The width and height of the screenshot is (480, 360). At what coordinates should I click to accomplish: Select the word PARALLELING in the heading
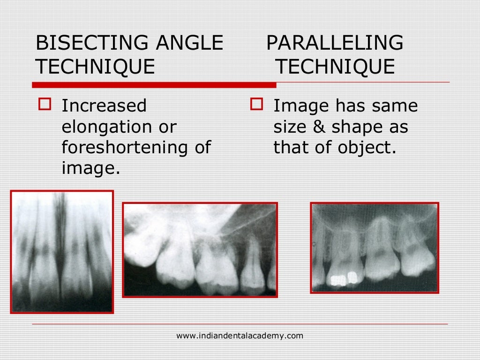(x=335, y=44)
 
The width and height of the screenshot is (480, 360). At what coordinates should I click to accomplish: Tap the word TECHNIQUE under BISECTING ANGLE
(x=95, y=67)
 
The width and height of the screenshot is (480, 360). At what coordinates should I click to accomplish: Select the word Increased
(x=104, y=106)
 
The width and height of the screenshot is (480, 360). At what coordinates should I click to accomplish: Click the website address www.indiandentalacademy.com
(x=240, y=336)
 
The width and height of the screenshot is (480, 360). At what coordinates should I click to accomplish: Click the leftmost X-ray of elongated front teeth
(x=62, y=251)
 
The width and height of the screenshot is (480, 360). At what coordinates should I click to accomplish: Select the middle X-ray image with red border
(x=200, y=249)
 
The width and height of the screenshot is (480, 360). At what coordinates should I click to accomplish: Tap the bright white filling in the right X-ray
(x=338, y=280)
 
